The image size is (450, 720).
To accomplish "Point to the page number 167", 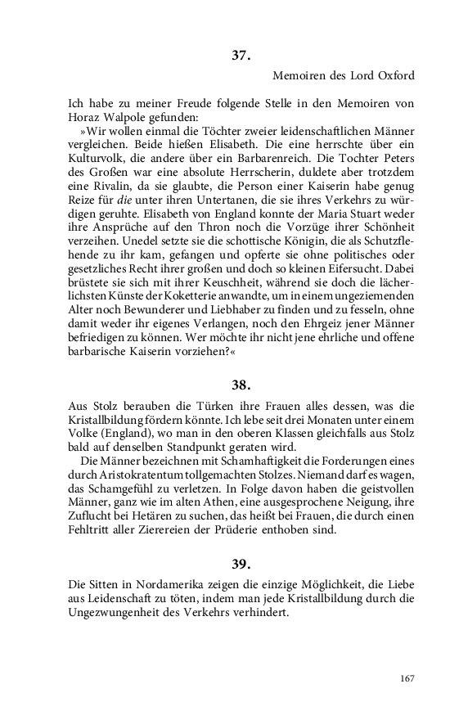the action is [407, 678].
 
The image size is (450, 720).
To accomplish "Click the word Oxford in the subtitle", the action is [394, 76].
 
